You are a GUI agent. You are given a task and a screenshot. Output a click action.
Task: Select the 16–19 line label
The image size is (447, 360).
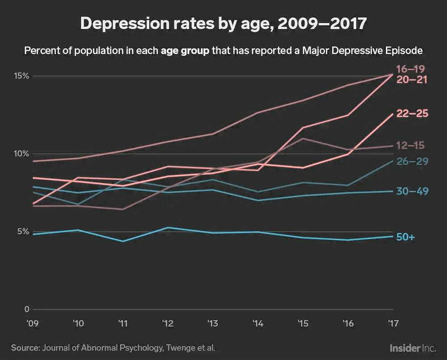pos(410,69)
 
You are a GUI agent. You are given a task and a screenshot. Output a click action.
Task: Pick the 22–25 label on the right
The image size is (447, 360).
pos(412,114)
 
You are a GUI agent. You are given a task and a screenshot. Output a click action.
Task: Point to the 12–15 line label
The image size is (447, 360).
pos(410,146)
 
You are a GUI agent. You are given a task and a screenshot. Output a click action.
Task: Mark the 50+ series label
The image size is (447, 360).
pos(405,237)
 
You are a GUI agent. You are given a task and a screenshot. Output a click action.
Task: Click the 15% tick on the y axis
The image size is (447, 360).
pos(21,76)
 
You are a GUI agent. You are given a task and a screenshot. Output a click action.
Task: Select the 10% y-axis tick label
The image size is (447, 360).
pos(21,154)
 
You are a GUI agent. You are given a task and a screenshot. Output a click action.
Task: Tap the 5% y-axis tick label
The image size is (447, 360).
pos(23,232)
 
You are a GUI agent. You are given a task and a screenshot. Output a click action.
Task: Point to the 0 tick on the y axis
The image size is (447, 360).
pos(26,309)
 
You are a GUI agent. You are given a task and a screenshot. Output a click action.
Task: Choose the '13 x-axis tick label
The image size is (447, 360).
pos(212,323)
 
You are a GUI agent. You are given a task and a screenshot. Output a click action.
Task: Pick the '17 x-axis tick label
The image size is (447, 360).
pos(392,323)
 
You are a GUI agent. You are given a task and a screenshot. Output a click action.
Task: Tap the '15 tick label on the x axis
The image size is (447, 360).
pos(303,323)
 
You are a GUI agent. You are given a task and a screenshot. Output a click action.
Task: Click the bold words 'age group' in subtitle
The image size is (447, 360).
pos(185,50)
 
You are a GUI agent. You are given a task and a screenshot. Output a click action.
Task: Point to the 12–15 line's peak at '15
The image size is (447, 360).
pos(303,139)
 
